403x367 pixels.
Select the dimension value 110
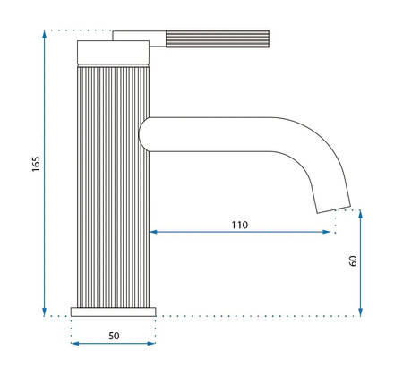pos(239,224)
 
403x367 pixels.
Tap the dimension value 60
pos(353,260)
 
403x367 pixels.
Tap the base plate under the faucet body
pos(113,311)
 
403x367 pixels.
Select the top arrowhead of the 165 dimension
pos(45,34)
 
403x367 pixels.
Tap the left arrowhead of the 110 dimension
pos(153,233)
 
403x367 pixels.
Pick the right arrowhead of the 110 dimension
pos(329,233)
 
